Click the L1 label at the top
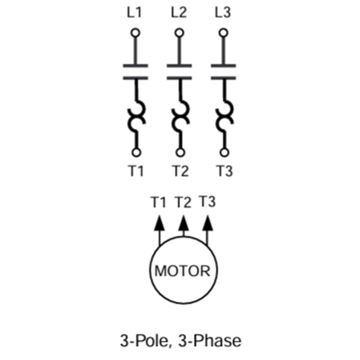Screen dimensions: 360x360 tap(134, 13)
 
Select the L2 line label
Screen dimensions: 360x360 tap(179, 13)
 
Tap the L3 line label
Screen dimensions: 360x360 tap(223, 13)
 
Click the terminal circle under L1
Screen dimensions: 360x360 tap(135, 33)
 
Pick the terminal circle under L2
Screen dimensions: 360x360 tap(179, 33)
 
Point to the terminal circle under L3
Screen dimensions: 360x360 tap(223, 33)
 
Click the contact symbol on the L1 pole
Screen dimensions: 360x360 tap(135, 71)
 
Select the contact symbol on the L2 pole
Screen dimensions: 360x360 tap(179, 71)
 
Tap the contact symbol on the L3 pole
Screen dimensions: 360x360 tap(223, 71)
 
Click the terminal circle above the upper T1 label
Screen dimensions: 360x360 tap(136, 153)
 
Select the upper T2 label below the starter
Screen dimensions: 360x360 tap(180, 172)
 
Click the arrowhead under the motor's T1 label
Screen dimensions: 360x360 tap(159, 223)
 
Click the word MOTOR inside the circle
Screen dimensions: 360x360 tap(183, 271)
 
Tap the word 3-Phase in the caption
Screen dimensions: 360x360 tap(210, 341)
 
